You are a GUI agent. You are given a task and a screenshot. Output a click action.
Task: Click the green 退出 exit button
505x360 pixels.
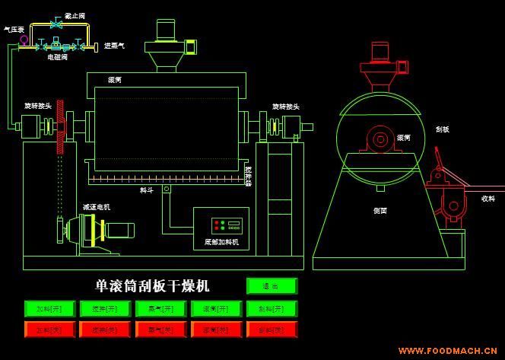pyautogui.click(x=271, y=286)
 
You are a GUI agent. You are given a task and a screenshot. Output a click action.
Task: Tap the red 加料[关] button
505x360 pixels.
pyautogui.click(x=49, y=330)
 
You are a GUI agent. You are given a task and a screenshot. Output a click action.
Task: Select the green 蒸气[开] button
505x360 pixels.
pyautogui.click(x=160, y=308)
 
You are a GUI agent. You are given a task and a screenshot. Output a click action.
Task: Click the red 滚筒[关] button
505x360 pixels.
pyautogui.click(x=216, y=330)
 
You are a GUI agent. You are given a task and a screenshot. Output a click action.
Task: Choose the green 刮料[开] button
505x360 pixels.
pyautogui.click(x=271, y=308)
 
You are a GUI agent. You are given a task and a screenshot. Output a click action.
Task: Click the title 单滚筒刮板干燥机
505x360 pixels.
pyautogui.click(x=152, y=286)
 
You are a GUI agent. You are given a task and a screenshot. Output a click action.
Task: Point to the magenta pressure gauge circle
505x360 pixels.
pyautogui.click(x=24, y=40)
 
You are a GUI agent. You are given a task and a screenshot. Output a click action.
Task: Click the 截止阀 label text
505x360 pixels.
pyautogui.click(x=75, y=15)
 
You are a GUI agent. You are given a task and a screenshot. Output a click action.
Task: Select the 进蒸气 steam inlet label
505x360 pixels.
pyautogui.click(x=114, y=46)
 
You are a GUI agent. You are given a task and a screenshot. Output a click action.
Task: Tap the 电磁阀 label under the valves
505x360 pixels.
pyautogui.click(x=58, y=57)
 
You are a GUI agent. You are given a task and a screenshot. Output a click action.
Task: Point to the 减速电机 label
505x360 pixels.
pyautogui.click(x=97, y=206)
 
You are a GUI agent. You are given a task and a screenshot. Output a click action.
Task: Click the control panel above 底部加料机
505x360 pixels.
pyautogui.click(x=227, y=225)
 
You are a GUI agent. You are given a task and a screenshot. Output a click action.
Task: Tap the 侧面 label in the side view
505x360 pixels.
pyautogui.click(x=380, y=210)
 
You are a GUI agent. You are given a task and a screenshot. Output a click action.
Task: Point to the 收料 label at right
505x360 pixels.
pyautogui.click(x=488, y=199)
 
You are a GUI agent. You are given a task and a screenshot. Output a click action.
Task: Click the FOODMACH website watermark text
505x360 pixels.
pyautogui.click(x=449, y=351)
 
